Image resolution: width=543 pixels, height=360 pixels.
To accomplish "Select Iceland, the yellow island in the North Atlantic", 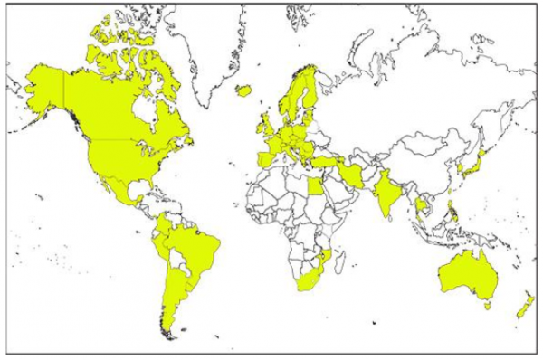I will click(x=243, y=90).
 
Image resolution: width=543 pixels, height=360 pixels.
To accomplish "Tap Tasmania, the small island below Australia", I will click(x=487, y=306).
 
